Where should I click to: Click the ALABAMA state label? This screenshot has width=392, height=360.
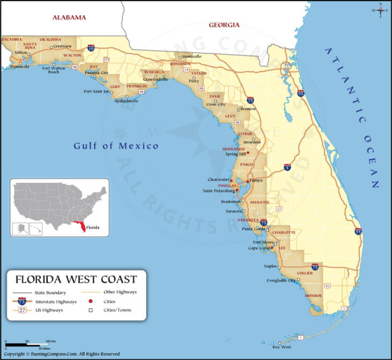tap(69, 17)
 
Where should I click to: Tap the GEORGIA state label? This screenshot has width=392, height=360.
tap(224, 25)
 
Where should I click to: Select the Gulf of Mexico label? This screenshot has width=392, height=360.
tap(116, 146)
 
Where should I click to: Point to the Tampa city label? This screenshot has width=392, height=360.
tap(256, 180)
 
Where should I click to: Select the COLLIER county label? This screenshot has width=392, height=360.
tap(304, 273)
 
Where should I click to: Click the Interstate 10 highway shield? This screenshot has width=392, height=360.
tap(91, 48)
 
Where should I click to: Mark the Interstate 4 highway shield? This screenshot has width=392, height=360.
tap(288, 167)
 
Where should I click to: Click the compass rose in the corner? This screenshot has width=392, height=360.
tap(380, 10)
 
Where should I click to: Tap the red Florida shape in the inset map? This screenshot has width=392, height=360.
tap(81, 228)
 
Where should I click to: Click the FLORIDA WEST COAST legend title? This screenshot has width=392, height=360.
tap(76, 279)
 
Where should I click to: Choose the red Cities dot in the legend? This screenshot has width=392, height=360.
tap(91, 301)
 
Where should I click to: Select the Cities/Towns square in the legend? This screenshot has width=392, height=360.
tap(91, 310)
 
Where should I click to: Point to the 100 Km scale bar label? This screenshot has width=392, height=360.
tap(51, 341)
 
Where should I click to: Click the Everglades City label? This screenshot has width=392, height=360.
tap(281, 280)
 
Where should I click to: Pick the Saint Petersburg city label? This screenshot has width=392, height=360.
tap(218, 190)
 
